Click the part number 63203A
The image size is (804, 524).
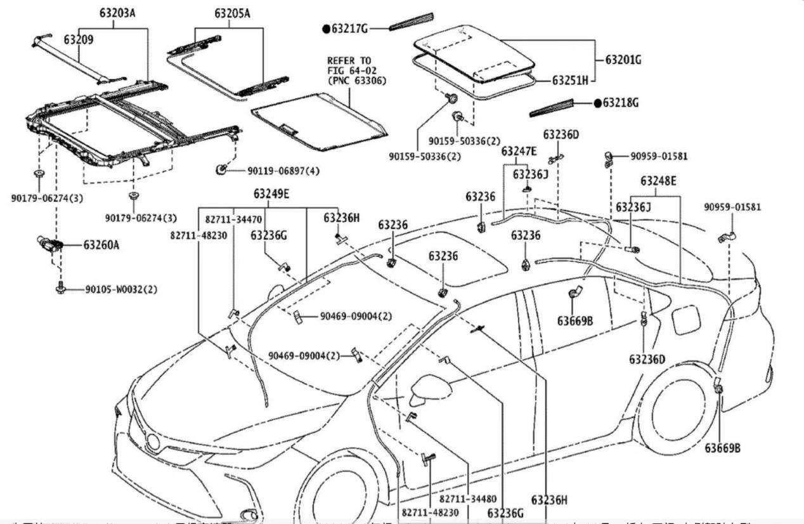point(117,11)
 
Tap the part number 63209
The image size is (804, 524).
point(79,39)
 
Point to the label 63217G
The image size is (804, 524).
point(350,28)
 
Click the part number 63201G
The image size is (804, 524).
point(623,60)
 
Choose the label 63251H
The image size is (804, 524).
point(570,81)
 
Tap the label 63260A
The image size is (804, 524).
point(101,244)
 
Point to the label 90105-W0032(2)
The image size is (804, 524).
point(121,289)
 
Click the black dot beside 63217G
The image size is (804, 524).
point(326,28)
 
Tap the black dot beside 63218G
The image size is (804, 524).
point(597,103)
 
